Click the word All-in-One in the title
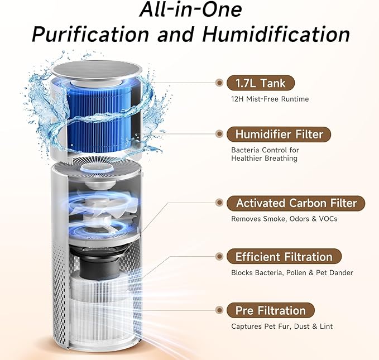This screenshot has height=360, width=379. point(190,10)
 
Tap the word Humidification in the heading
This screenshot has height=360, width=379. point(276,35)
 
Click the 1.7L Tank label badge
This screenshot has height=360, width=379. point(261,84)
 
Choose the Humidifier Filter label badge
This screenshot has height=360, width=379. point(279,135)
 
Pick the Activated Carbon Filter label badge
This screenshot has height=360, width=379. point(296,203)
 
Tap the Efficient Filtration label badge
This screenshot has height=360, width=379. point(284,257)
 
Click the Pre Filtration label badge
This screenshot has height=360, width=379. point(271,310)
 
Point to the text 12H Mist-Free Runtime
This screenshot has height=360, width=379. point(270,99)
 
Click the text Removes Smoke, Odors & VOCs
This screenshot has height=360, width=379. point(284,219)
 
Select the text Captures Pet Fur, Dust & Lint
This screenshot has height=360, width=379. point(282,327)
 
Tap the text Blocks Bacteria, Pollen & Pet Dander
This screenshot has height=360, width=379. point(292,273)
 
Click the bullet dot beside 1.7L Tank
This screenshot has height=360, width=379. point(219,84)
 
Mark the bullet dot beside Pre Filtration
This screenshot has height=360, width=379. point(219,310)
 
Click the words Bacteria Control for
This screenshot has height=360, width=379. point(265,150)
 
